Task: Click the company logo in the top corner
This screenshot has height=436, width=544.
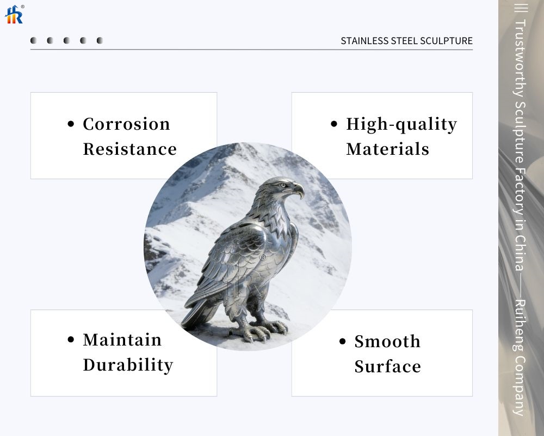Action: point(14,14)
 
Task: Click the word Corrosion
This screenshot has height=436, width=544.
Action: point(126,124)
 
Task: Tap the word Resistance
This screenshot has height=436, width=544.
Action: point(129,149)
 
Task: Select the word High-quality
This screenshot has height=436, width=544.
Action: point(401,125)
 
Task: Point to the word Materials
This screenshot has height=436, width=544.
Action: point(387,149)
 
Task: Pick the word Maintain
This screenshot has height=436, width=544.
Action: point(122,340)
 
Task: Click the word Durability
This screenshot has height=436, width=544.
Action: point(128,365)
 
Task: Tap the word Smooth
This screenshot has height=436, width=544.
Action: point(387,342)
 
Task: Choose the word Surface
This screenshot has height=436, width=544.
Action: point(387,367)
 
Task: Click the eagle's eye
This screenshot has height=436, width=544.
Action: point(282,185)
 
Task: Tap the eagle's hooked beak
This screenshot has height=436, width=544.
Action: point(299,191)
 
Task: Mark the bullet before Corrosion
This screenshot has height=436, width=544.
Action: point(71,125)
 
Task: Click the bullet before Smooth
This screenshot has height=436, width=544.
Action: point(342,342)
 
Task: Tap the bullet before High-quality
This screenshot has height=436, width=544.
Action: point(334,125)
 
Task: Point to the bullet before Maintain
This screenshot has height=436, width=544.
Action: point(71,340)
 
